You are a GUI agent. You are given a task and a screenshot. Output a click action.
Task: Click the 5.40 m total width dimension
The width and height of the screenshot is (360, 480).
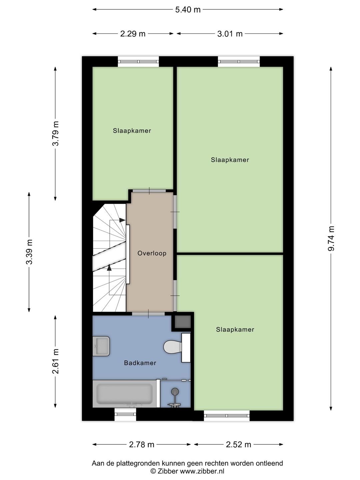(x=188, y=10)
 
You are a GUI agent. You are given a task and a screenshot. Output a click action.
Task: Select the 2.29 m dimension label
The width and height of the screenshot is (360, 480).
(x=133, y=34)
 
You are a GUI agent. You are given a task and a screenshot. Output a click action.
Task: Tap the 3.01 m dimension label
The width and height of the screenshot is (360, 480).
(x=230, y=34)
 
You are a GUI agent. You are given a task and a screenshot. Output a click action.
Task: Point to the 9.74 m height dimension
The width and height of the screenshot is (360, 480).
(x=331, y=238)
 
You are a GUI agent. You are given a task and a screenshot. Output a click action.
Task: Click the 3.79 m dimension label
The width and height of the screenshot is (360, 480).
(x=56, y=133)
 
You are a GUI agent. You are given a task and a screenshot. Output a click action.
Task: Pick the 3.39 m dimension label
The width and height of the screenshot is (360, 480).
(x=29, y=252)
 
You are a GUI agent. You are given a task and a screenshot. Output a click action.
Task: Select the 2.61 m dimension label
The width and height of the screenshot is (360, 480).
(x=56, y=361)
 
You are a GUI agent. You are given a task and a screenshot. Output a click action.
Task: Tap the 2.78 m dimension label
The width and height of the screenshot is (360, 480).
(x=141, y=444)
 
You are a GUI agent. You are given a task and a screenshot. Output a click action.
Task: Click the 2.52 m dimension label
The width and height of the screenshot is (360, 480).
(x=238, y=444)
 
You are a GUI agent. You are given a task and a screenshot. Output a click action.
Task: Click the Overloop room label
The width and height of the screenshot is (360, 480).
(x=152, y=253)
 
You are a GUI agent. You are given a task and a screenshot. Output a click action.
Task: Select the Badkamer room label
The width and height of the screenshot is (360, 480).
(x=140, y=363)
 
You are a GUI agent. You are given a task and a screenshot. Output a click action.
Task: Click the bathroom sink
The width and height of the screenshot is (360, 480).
(x=101, y=346)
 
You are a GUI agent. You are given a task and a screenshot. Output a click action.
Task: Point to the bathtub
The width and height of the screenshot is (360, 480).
(x=124, y=394)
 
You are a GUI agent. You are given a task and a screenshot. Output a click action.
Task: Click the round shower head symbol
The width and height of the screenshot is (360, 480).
(x=175, y=391)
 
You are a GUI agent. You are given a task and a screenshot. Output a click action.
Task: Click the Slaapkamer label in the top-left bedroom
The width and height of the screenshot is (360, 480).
(x=132, y=131)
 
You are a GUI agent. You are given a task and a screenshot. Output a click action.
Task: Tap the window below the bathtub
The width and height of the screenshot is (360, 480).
(x=125, y=414)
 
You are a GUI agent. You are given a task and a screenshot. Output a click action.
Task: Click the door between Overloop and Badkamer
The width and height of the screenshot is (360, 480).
(x=148, y=313)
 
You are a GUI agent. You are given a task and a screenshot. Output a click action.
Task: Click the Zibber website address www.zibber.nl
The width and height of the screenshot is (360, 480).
(x=202, y=471)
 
